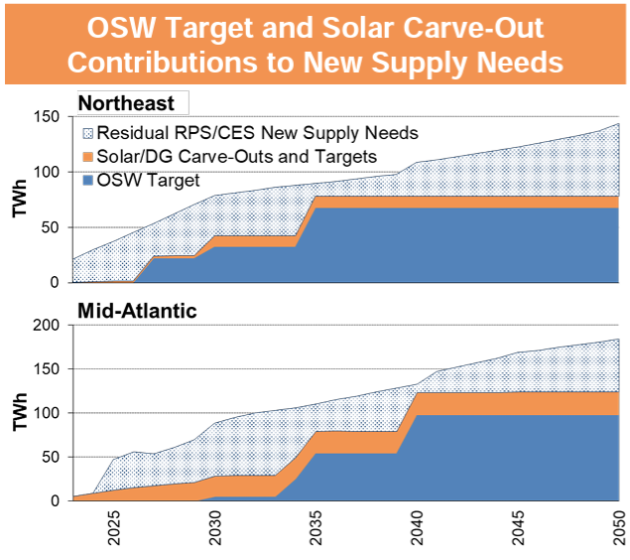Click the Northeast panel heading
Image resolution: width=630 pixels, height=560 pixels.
tap(126, 103)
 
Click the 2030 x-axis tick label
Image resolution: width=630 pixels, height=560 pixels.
tap(216, 530)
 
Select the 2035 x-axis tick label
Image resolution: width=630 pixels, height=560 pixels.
tap(318, 530)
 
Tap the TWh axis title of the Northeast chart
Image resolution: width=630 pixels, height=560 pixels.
tap(18, 200)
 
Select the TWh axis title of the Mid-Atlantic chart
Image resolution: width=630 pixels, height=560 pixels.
tap(18, 413)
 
